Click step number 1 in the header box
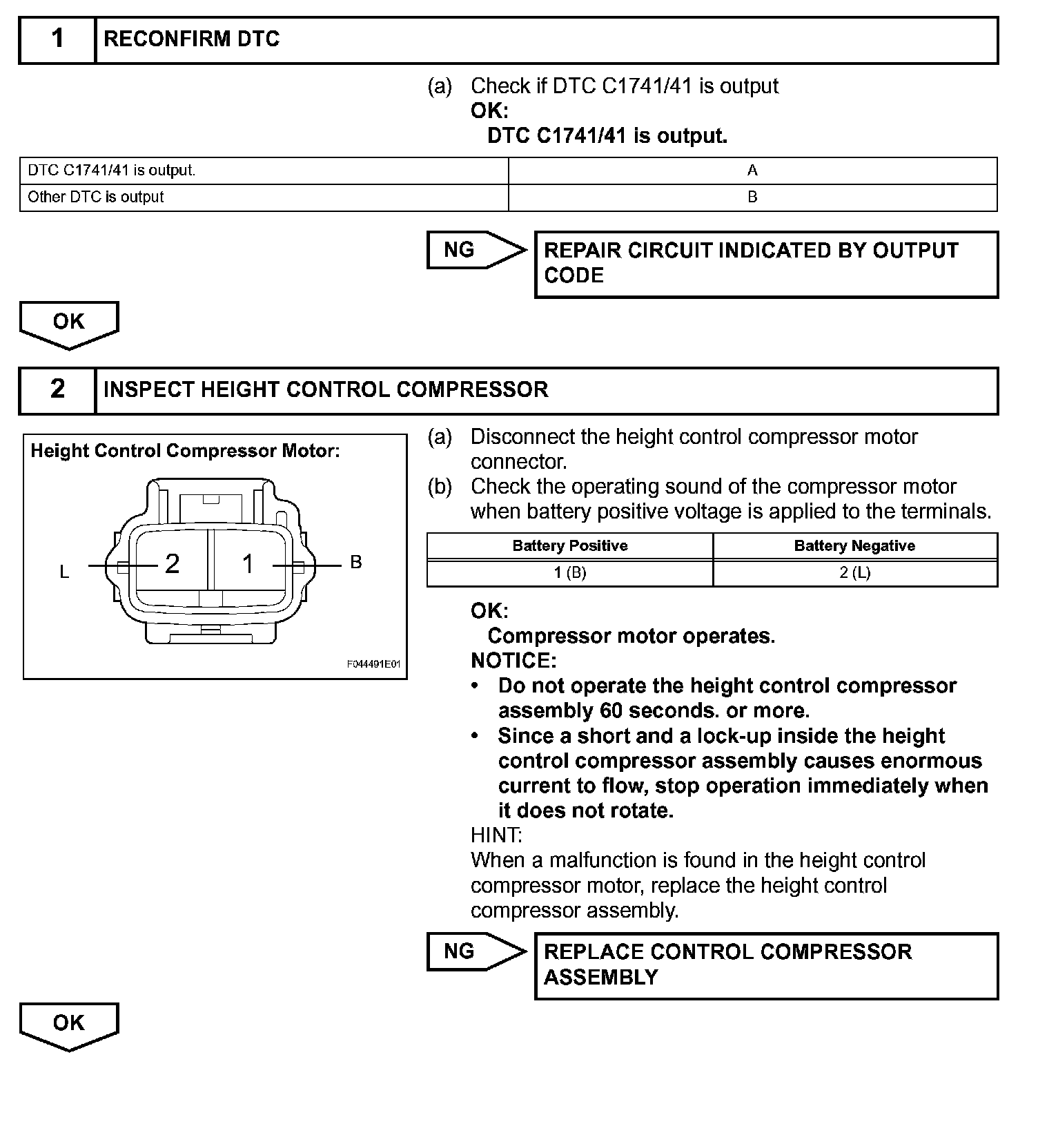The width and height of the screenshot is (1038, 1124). (x=57, y=39)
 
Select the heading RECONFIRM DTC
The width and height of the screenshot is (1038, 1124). (x=191, y=39)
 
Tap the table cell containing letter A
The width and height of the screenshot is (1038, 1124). (x=752, y=171)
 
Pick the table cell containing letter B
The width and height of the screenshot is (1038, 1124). (x=752, y=197)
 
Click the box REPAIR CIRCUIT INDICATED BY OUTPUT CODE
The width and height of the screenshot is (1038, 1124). (x=766, y=264)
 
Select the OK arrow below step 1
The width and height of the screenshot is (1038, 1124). (x=69, y=323)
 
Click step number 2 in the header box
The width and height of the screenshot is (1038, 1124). (x=57, y=390)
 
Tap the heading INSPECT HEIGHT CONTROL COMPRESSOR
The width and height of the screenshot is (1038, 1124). (x=326, y=390)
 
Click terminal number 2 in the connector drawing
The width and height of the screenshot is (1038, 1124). (x=172, y=565)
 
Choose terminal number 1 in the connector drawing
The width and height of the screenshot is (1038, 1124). (x=248, y=565)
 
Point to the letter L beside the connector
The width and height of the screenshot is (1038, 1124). (x=64, y=572)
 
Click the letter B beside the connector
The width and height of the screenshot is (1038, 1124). (x=356, y=563)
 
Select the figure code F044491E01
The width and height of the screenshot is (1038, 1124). (x=373, y=665)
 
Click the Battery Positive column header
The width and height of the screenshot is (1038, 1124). (x=569, y=546)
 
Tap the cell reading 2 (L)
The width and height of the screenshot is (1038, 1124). (x=854, y=573)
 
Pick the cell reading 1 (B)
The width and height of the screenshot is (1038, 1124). (x=569, y=573)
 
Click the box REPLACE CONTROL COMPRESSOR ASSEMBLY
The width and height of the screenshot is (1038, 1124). (x=766, y=965)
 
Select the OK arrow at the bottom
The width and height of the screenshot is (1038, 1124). (x=69, y=1025)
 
